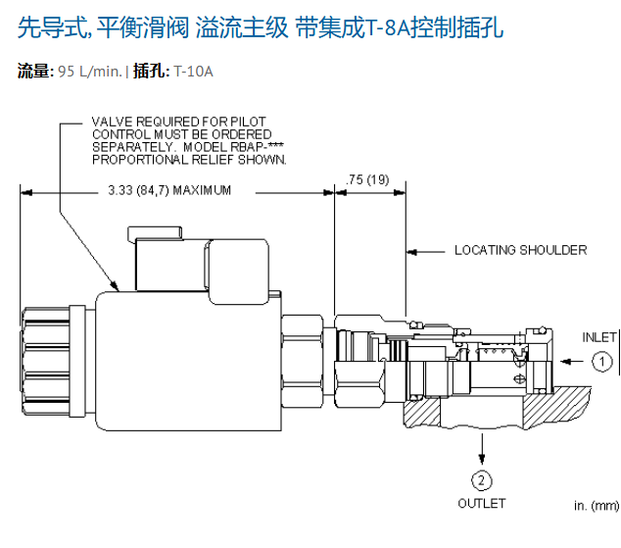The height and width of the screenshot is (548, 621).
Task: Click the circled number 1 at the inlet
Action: [x=602, y=362]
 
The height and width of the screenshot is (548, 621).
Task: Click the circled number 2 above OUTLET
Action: [x=482, y=480]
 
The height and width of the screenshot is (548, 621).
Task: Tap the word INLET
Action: [x=599, y=337]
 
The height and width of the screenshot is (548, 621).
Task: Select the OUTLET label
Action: [x=482, y=504]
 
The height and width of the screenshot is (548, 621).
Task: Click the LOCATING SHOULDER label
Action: [x=521, y=250]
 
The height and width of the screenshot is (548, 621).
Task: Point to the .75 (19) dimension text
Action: [x=367, y=180]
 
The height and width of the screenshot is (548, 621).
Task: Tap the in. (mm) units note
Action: [x=597, y=506]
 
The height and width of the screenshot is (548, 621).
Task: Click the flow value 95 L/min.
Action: [x=90, y=72]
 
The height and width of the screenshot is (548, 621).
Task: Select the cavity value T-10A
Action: [x=193, y=72]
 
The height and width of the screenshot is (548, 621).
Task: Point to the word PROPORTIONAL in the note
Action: [x=140, y=160]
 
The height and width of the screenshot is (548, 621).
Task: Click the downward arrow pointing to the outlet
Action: [x=482, y=449]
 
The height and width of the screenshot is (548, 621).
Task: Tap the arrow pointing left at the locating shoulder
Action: [x=426, y=252]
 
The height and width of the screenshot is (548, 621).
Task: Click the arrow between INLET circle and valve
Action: [x=572, y=362]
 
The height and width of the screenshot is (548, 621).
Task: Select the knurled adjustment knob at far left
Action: [x=45, y=362]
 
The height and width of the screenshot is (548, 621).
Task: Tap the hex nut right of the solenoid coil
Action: [x=303, y=362]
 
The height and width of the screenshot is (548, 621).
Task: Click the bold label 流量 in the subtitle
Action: [x=33, y=72]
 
